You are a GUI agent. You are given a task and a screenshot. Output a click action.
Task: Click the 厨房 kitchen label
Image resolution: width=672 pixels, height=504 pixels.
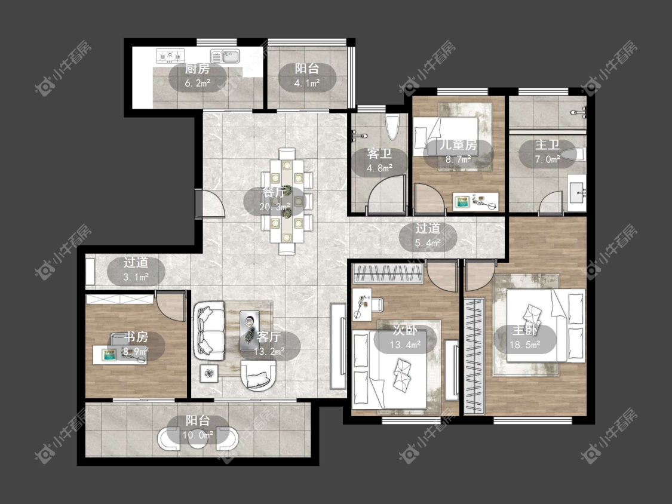[197, 69]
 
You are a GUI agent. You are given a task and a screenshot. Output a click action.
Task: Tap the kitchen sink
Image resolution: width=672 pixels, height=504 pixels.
[225, 56]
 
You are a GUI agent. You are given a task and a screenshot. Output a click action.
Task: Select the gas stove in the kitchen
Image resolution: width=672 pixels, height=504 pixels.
[170, 56]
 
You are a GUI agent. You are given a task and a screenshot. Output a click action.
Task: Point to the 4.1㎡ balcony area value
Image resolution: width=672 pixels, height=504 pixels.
[307, 83]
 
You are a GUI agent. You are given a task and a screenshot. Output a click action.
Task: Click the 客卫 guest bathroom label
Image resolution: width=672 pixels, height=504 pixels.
[379, 153]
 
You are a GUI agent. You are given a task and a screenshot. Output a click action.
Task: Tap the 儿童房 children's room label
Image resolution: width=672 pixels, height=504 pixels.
[458, 145]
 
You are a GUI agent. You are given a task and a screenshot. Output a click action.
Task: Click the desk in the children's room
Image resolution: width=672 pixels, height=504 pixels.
[475, 201]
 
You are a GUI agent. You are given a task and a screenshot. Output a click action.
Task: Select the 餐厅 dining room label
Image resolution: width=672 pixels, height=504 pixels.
[274, 192]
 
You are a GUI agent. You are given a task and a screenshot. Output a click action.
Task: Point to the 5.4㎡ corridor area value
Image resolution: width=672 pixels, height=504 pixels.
[428, 243]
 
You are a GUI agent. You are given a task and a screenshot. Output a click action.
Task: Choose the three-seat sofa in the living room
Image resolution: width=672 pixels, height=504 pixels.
[209, 331]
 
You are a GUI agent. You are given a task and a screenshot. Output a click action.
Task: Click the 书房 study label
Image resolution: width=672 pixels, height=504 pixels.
[136, 337]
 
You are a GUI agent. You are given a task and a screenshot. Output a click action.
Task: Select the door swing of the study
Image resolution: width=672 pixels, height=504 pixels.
[171, 306]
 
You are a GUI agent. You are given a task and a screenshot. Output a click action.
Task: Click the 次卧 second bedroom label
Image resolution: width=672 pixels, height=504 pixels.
[405, 330]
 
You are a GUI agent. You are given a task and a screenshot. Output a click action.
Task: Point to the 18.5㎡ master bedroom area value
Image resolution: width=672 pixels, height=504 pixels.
[524, 345]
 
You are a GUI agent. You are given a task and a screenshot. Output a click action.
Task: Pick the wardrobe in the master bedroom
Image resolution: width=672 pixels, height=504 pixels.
[474, 356]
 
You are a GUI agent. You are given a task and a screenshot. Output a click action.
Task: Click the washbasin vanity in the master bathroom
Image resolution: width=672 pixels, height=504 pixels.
[577, 192]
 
